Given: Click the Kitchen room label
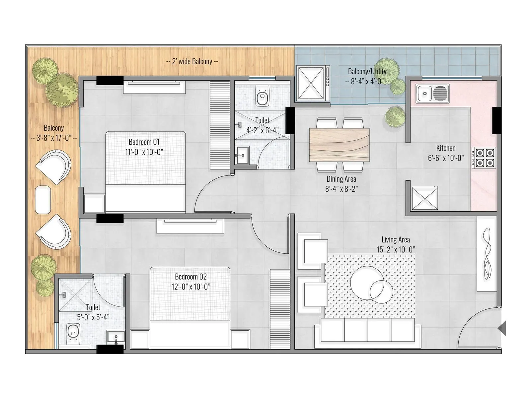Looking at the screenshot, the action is (x=446, y=148).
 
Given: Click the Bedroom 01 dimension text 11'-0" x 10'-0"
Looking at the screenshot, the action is (x=144, y=152).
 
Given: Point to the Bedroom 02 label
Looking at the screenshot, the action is (x=191, y=277).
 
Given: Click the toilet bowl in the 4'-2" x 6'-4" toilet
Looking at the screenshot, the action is (x=262, y=96).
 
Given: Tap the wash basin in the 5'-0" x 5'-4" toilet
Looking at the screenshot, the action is (x=115, y=337).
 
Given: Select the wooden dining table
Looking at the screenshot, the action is (x=339, y=145).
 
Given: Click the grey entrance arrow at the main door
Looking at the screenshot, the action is (x=502, y=328).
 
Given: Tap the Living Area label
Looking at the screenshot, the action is (x=396, y=239).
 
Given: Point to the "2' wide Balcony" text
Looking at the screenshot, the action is (x=192, y=61).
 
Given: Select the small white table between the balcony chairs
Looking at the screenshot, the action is (x=43, y=200).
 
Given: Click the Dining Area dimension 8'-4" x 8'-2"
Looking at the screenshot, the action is (x=341, y=189).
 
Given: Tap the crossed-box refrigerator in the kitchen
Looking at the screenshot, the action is (x=424, y=198).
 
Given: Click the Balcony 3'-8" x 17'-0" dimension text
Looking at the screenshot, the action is (x=54, y=138).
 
